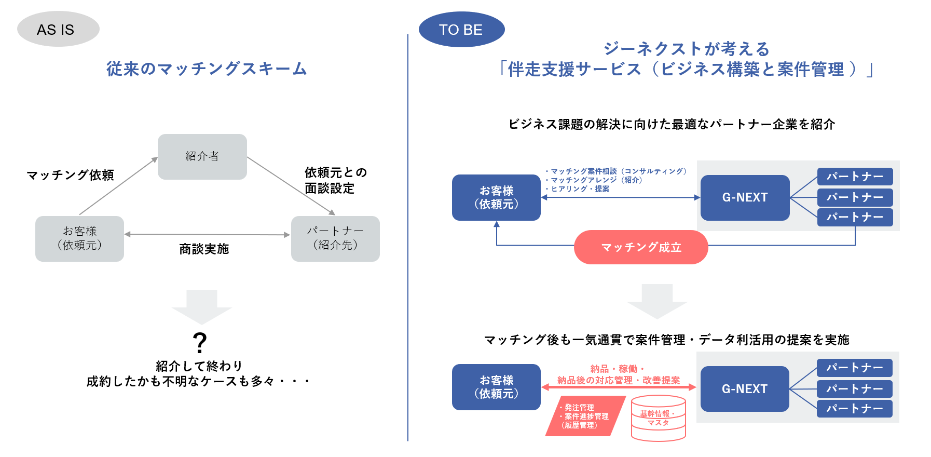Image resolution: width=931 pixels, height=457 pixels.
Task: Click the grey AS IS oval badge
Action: [x=58, y=29]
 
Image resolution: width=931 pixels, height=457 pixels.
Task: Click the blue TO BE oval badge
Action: [x=461, y=30]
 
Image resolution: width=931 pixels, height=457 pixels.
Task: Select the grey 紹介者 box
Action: [x=202, y=156]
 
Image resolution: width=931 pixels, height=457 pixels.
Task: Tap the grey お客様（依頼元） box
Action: [x=79, y=238]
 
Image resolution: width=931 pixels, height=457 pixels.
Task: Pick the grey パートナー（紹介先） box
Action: [x=335, y=238]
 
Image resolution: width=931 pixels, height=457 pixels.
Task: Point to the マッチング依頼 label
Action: [x=70, y=175]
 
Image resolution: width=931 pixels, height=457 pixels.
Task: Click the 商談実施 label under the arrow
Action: [x=204, y=249]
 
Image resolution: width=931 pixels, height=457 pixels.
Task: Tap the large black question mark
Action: [x=200, y=343]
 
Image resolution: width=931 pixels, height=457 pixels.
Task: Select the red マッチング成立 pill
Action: [x=641, y=247]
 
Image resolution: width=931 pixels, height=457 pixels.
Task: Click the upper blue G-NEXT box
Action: [x=745, y=197]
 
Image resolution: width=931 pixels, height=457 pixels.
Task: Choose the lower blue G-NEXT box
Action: [x=745, y=388]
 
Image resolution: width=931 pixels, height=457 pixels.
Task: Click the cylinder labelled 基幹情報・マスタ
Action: [x=658, y=419]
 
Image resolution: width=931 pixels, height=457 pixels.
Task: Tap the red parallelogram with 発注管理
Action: [x=585, y=416]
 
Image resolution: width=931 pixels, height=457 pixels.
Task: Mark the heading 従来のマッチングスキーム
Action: [x=207, y=69]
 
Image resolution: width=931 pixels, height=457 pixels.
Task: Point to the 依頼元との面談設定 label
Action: [x=335, y=180]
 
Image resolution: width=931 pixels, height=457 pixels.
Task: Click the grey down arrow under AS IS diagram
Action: [x=201, y=306]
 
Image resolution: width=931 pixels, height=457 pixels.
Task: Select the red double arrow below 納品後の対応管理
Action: [x=619, y=387]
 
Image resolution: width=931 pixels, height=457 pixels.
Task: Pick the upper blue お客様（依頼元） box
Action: [x=496, y=197]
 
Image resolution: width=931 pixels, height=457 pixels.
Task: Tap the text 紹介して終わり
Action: [x=199, y=366]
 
